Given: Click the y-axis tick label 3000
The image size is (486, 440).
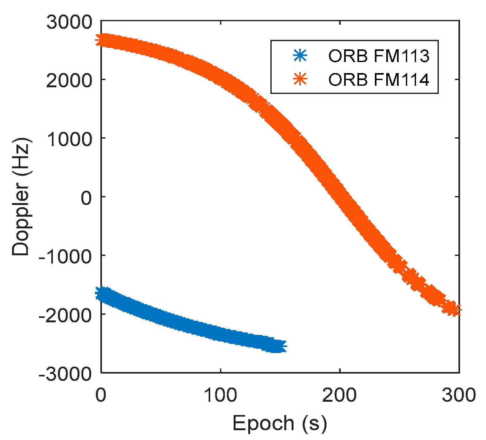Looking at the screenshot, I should [69, 23].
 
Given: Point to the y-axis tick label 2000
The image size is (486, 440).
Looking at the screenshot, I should [69, 82].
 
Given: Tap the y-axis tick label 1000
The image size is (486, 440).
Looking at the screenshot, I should [69, 140].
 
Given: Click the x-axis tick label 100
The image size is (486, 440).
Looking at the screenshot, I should [220, 395].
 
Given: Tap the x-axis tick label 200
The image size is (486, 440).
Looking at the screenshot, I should [339, 395].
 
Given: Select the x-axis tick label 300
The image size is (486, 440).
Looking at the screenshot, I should [459, 395].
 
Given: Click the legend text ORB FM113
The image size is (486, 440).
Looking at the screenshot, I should [379, 56].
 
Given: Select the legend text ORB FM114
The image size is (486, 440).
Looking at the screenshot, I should [379, 80].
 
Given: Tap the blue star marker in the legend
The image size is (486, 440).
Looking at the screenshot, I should [300, 56].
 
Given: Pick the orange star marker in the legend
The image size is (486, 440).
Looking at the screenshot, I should [300, 79].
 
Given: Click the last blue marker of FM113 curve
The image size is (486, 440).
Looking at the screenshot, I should [280, 346].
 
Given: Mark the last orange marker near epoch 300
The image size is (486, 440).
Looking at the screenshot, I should [455, 310].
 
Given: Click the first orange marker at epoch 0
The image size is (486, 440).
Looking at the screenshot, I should [102, 40].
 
